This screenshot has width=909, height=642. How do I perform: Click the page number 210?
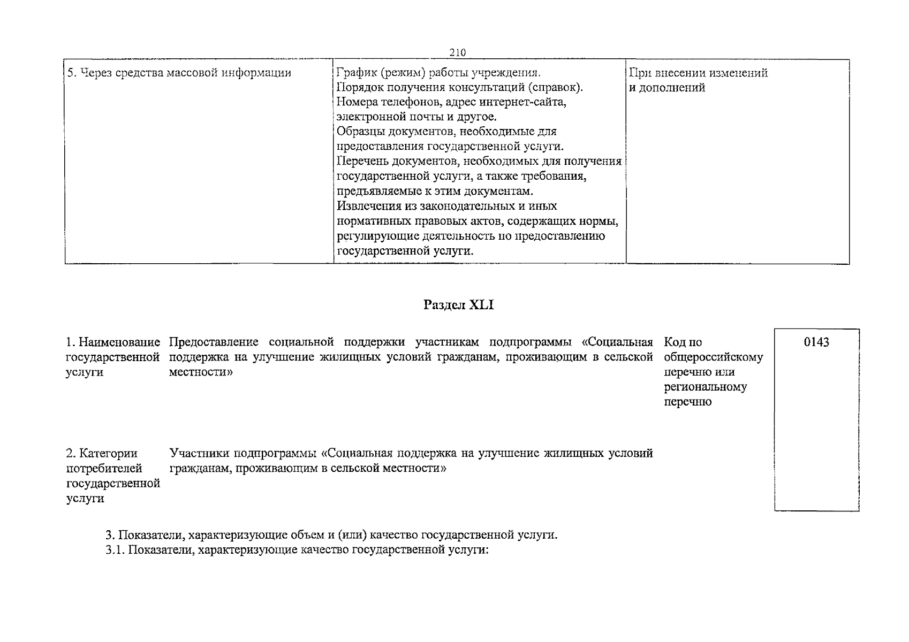coord(458,52)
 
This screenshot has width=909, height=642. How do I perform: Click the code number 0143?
coord(816,342)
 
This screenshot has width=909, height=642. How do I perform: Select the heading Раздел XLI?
coord(458,305)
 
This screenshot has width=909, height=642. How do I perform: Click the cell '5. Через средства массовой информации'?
coord(179,73)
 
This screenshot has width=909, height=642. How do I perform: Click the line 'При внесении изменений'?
coord(698,73)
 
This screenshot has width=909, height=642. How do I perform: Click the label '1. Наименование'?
coord(113,342)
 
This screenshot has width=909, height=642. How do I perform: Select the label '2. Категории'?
coord(102,454)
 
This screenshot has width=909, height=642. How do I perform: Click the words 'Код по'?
coord(683,342)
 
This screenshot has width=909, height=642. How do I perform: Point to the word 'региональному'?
coord(705,387)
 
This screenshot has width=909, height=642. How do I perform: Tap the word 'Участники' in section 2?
coord(198,454)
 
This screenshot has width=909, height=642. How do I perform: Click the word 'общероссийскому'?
coord(713,357)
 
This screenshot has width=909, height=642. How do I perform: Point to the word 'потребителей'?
coord(104,469)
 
